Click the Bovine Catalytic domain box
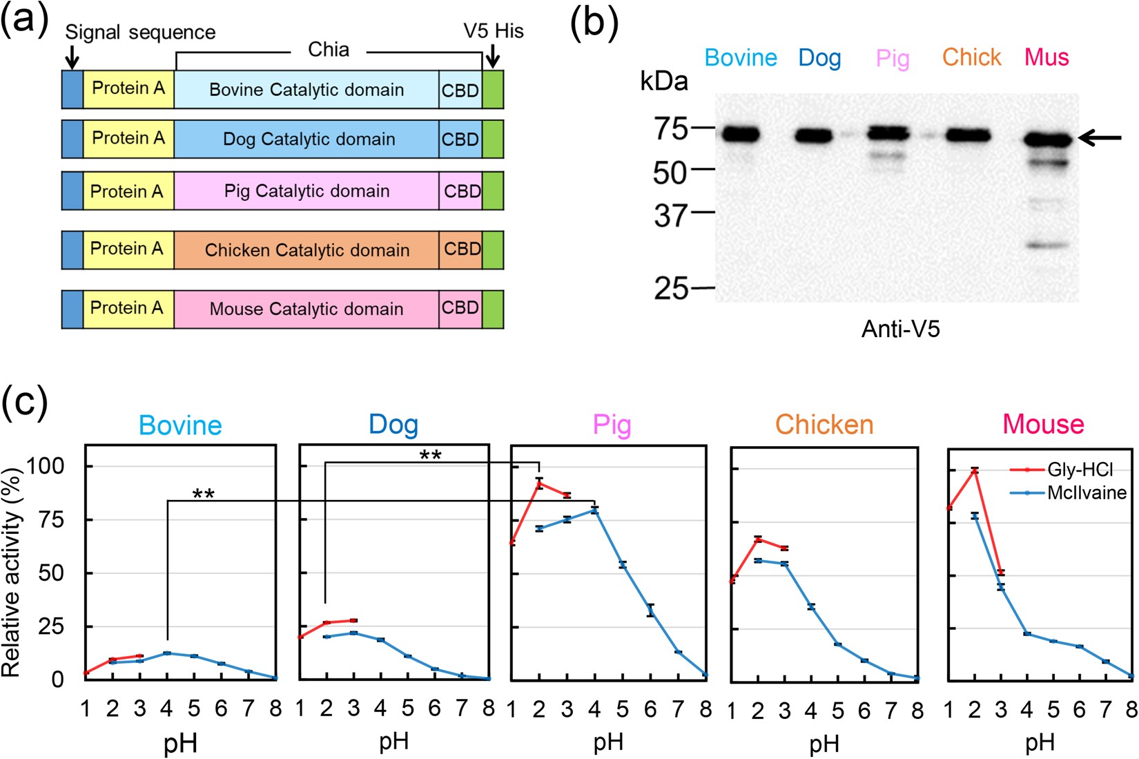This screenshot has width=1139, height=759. pos(306,90)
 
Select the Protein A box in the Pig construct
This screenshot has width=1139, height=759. pos(128,191)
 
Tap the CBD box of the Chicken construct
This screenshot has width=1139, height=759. pos(461,249)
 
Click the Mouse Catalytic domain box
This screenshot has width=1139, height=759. pos(306,309)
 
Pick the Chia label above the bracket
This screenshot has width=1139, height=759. pos(329,50)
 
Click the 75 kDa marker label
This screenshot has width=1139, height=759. pos(671,128)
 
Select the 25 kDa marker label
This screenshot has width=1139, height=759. pos(671,288)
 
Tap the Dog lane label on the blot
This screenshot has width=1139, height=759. pos(819,58)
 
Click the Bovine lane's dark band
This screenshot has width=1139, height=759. pos(741,135)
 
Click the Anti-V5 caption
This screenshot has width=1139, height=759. pos(900,329)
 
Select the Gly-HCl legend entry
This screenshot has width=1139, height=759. pos(1080,470)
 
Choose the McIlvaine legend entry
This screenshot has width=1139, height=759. pos(1086,492)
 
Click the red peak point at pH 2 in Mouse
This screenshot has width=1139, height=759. pos(975,470)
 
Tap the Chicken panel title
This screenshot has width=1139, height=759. pos(824,424)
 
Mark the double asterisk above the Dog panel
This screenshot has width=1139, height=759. pos(430,455)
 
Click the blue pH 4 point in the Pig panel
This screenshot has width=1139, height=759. pos(594,510)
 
